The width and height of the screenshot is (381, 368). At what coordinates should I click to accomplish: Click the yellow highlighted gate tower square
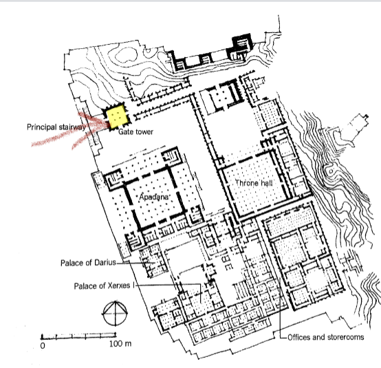coord(118,116)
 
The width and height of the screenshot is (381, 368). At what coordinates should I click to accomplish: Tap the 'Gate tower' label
coord(136,132)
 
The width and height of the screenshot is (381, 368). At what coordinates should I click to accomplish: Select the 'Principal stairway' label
coord(56,127)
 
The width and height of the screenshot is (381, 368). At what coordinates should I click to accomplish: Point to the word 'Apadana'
coord(153,197)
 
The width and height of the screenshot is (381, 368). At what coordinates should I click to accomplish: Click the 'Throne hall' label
coord(254,183)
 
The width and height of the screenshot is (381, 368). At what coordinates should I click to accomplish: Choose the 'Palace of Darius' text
coord(88,263)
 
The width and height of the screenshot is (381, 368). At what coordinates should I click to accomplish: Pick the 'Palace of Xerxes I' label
coord(105,286)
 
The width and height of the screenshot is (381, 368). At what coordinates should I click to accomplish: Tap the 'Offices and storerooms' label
coord(325,337)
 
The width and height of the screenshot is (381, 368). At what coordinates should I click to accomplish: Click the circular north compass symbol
coord(115,314)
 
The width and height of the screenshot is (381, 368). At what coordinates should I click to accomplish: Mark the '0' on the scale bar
coord(43,345)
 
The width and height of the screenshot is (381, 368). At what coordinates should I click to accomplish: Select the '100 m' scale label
coord(120,344)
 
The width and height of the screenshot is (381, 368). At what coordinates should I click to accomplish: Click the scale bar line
coord(78,336)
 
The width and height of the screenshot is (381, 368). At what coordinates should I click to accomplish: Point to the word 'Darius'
coord(105,263)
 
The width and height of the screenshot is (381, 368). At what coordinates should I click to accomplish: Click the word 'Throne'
coord(246,183)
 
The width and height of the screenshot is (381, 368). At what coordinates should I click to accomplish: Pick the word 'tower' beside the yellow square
coord(144,132)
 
